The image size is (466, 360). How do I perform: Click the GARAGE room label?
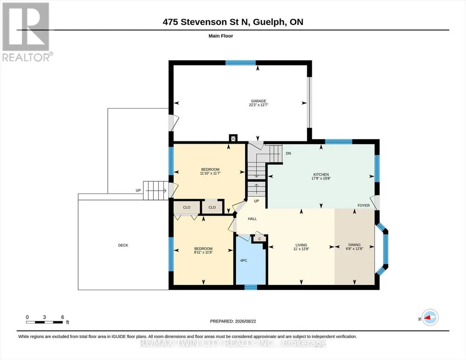point(258,101)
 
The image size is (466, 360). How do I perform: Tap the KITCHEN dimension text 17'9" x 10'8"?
point(321,179)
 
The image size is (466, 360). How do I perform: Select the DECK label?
point(123,245)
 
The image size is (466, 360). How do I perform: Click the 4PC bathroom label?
point(244,260)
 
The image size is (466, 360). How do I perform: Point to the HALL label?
point(252,219)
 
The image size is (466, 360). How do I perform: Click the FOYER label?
point(364,205)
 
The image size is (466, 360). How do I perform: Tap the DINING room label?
point(354,245)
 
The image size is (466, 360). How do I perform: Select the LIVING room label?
point(301,245)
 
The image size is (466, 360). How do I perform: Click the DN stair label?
point(288,154)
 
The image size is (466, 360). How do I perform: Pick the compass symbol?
point(430,318)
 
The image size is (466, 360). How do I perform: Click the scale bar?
point(44,322)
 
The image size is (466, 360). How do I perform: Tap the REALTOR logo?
point(27,32)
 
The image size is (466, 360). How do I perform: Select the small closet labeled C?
point(260,239)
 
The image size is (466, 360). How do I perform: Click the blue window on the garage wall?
point(241,63)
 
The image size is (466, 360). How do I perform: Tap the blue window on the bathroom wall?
point(251,287)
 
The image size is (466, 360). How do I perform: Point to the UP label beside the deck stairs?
point(138,190)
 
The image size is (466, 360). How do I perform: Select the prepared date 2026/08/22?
point(246,321)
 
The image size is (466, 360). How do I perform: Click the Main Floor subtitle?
point(221,36)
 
